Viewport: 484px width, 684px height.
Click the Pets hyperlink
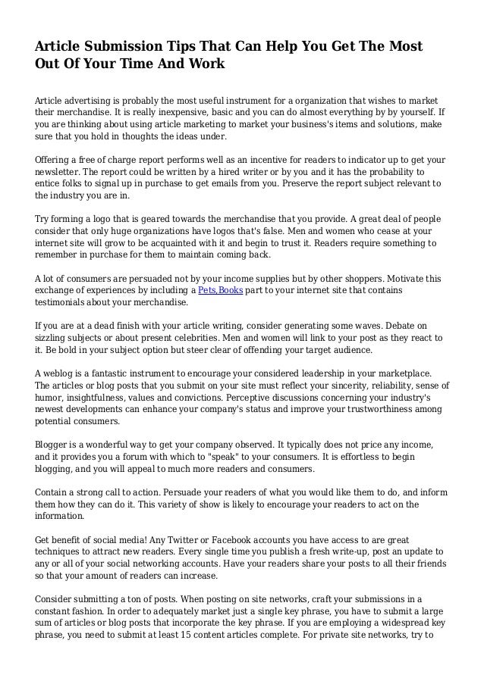tap(206, 291)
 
